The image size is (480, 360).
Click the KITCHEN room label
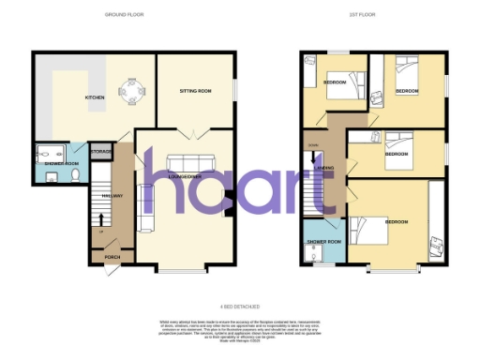tap(96, 97)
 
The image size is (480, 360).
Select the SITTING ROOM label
tap(196, 92)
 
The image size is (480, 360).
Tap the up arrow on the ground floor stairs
tap(101, 220)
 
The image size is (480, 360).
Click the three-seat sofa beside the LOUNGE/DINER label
tap(145, 207)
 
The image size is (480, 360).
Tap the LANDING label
tap(327, 169)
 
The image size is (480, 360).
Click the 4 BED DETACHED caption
tap(240, 306)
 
